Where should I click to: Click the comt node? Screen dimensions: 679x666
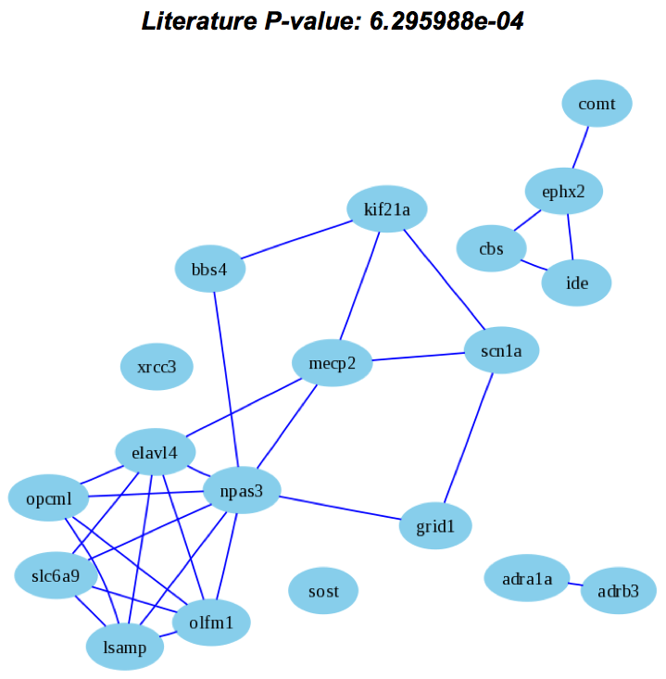point(597,104)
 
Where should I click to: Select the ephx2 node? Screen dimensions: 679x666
point(564,193)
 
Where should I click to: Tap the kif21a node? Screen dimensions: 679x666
point(387,210)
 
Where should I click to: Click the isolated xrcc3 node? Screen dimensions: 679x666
point(157,367)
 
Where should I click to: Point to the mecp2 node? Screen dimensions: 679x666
point(332,363)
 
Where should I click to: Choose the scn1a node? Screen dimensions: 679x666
point(501,350)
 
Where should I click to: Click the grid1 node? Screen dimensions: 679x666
point(436,526)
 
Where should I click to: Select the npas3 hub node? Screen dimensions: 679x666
point(242,492)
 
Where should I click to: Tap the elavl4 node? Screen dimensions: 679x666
point(156,452)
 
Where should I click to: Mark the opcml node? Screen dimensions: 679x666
point(47,500)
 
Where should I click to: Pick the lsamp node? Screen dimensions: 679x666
point(125,648)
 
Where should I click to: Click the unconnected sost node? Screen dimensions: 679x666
point(323,591)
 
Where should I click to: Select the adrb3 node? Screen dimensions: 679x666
point(618,591)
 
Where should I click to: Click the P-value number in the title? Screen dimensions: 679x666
point(446,21)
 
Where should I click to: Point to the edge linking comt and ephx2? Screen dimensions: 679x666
point(581,148)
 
